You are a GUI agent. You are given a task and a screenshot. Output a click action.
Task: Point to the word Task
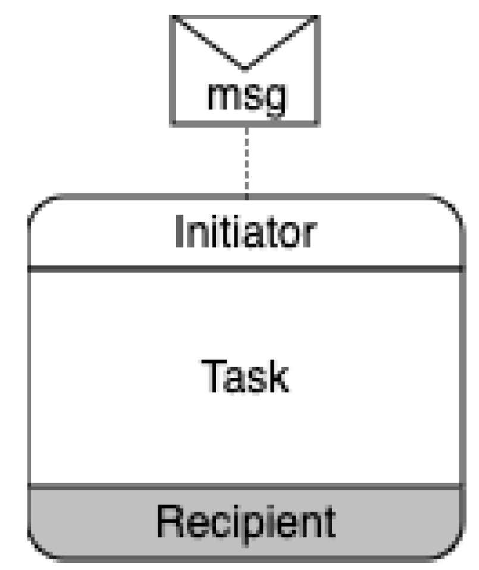(x=245, y=376)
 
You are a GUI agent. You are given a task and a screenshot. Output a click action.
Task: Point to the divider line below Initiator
(x=245, y=270)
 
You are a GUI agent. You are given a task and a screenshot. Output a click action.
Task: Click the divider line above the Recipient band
(x=245, y=486)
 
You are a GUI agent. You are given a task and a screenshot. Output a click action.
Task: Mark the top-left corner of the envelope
(x=173, y=17)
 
